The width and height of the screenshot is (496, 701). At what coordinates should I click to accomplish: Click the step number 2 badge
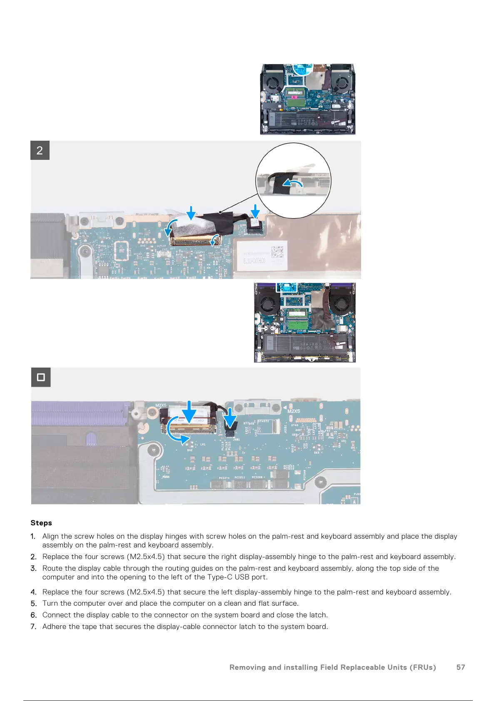pyautogui.click(x=40, y=150)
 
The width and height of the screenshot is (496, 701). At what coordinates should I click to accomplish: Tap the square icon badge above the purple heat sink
pyautogui.click(x=41, y=377)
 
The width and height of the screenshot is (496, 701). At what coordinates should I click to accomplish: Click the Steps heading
pyautogui.click(x=41, y=523)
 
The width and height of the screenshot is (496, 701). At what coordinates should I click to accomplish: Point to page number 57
pyautogui.click(x=461, y=667)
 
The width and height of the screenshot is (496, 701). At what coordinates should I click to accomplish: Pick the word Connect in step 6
pyautogui.click(x=57, y=615)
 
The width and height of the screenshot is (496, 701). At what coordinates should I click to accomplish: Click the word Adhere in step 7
pyautogui.click(x=55, y=626)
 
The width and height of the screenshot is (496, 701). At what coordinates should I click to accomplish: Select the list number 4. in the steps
pyautogui.click(x=34, y=592)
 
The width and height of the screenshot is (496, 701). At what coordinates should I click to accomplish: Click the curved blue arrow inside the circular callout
pyautogui.click(x=293, y=182)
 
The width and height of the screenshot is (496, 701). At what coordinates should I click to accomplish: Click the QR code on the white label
pyautogui.click(x=277, y=252)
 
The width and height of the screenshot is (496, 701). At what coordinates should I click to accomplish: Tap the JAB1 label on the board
pyautogui.click(x=236, y=440)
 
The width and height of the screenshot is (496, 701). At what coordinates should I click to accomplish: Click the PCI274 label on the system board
pyautogui.click(x=224, y=478)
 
